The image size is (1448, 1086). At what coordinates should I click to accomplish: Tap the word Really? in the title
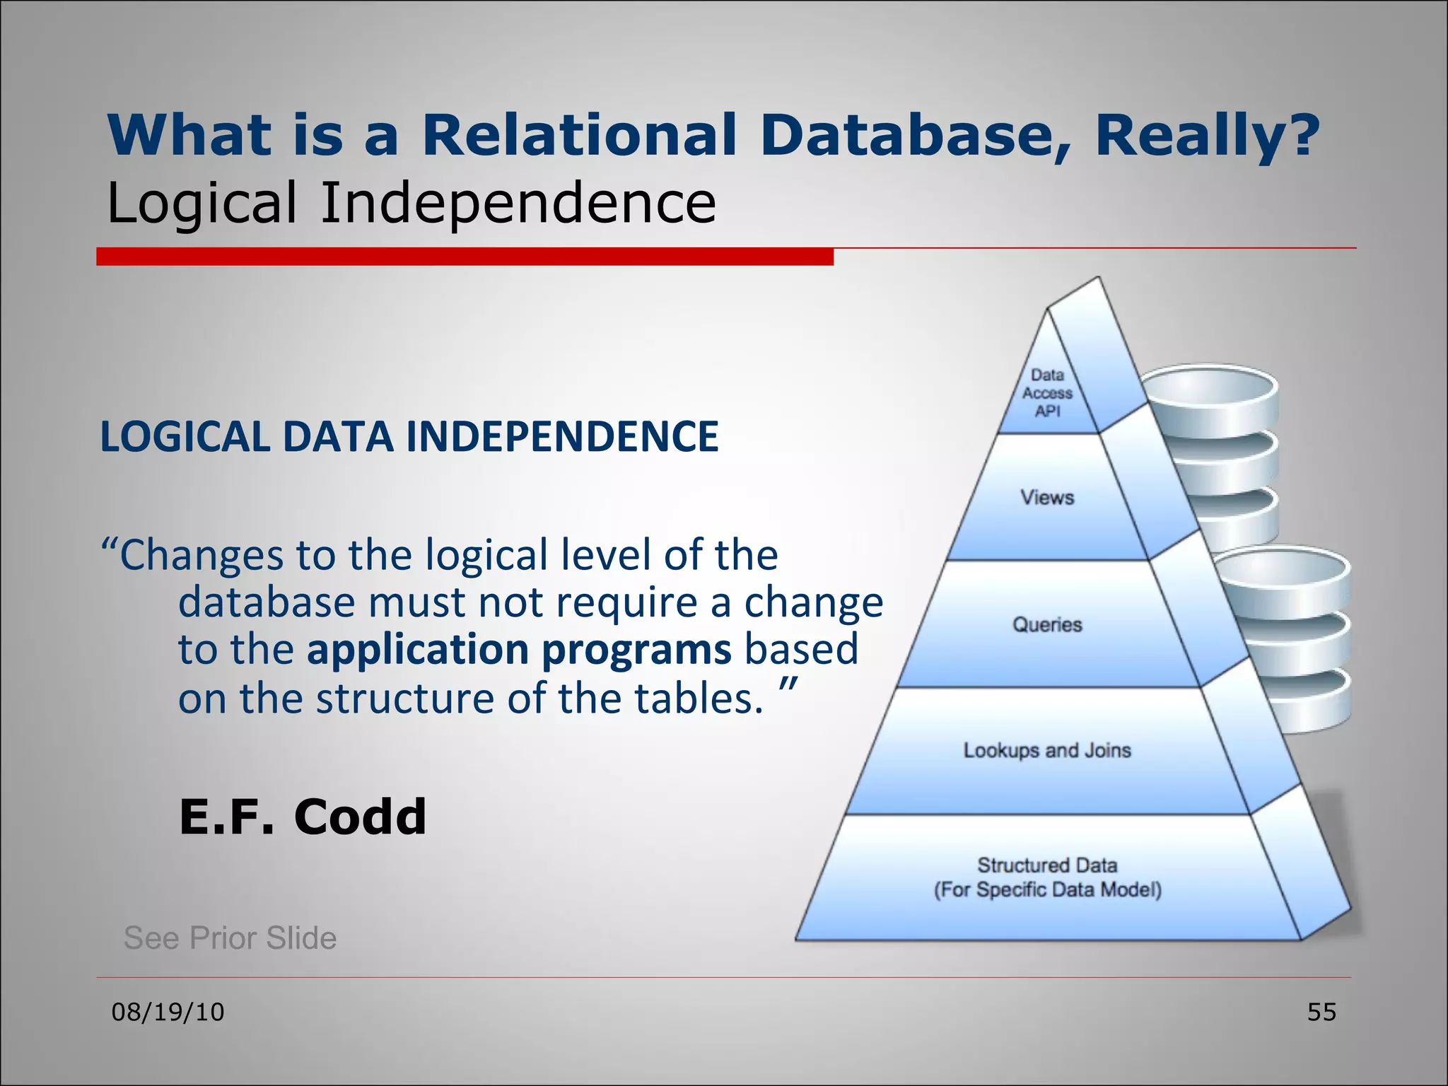(x=1206, y=136)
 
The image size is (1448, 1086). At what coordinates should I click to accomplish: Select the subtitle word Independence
(x=518, y=204)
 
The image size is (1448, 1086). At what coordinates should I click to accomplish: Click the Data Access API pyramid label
(x=1047, y=393)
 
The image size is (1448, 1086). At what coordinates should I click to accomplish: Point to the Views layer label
(x=1047, y=497)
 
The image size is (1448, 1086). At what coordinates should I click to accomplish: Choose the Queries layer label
(x=1047, y=624)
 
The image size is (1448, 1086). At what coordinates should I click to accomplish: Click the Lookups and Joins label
(x=1047, y=750)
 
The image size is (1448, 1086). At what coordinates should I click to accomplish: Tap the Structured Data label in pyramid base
(x=1047, y=865)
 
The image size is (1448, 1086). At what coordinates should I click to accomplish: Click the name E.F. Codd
(x=303, y=817)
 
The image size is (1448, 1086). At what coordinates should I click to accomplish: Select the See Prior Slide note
(x=230, y=938)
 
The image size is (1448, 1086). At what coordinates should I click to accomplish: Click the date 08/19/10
(x=168, y=1012)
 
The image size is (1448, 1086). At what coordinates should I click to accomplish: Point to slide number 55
(x=1321, y=1012)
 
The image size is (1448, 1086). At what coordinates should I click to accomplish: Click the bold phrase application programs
(x=518, y=649)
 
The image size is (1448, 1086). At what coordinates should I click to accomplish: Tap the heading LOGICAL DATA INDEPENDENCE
(x=409, y=436)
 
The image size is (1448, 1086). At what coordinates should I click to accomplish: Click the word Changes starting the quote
(x=201, y=554)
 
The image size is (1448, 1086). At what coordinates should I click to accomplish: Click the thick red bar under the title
(x=465, y=257)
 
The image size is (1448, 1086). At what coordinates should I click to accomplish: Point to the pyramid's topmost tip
(x=1097, y=280)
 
